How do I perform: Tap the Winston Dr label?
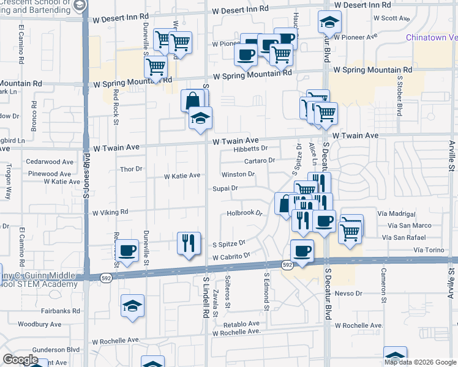[238, 174]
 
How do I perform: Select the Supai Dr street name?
[226, 188]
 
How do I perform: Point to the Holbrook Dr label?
[244, 213]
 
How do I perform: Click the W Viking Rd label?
[110, 212]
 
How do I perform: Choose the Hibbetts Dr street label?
[251, 148]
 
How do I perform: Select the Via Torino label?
[427, 250]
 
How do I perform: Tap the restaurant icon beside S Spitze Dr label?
[189, 243]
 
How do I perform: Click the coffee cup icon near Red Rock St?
[127, 250]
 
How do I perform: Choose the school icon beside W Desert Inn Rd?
[329, 24]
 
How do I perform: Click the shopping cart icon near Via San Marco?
[350, 231]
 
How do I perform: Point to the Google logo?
[20, 360]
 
